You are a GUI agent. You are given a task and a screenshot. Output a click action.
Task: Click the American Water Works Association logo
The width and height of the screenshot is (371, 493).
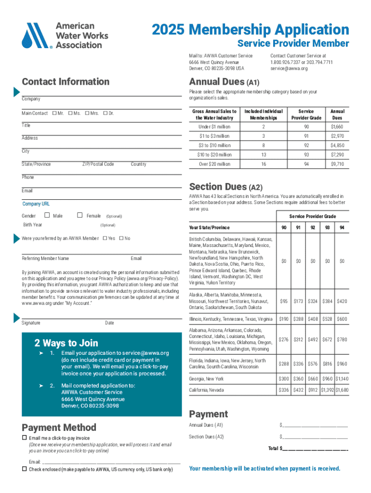65,36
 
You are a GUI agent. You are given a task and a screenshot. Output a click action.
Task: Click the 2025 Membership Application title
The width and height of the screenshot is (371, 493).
250,30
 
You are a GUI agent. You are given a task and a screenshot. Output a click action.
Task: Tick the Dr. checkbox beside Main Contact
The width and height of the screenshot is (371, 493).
105,114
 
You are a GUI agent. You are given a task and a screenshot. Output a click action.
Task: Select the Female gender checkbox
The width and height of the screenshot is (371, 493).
80,216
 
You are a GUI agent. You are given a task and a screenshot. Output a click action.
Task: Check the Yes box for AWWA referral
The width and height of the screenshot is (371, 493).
105,238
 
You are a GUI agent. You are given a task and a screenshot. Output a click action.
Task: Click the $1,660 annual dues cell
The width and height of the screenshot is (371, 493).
337,127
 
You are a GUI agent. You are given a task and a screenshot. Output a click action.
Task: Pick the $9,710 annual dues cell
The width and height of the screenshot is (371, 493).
337,164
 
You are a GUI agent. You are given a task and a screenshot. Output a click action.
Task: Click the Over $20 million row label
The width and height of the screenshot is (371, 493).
214,164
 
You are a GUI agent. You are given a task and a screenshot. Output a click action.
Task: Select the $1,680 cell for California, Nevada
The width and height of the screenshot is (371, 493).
342,390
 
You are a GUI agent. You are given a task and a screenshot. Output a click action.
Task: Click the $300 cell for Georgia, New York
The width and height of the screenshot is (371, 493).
284,379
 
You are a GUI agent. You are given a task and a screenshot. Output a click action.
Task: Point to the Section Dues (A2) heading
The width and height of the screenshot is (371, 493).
225,187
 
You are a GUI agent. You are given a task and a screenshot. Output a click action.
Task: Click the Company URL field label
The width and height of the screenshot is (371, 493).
36,204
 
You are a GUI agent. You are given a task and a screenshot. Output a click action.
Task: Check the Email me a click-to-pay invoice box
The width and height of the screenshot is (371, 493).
25,438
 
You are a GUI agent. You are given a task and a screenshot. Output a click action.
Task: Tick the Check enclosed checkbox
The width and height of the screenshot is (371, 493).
25,469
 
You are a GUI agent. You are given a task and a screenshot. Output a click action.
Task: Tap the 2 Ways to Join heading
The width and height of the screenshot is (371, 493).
66,343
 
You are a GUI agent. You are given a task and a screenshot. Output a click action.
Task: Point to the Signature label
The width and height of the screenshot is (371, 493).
31,323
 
